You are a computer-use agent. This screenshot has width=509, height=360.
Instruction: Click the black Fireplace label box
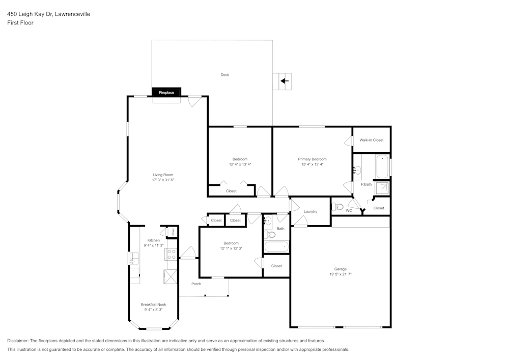(166, 93)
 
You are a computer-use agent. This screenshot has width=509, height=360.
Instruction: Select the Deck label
(224, 75)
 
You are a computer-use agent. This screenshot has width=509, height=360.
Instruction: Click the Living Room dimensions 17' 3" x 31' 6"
(163, 180)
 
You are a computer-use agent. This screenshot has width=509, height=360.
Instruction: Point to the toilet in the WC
(338, 207)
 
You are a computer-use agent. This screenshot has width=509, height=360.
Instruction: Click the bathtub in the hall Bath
(276, 247)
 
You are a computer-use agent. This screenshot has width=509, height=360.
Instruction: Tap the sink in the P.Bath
(358, 170)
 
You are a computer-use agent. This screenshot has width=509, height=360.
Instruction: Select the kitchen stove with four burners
(171, 254)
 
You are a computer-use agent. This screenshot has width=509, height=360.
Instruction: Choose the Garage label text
(341, 269)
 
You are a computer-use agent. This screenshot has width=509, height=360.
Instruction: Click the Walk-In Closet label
(371, 140)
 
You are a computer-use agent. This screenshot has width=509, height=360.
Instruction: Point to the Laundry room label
(310, 211)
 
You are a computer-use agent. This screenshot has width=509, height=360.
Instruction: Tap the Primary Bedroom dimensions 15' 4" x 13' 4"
(312, 164)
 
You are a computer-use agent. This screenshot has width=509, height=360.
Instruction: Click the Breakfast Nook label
(153, 304)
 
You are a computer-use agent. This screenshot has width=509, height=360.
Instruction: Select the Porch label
(196, 284)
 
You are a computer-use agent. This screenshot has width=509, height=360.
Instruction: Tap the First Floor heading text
(20, 23)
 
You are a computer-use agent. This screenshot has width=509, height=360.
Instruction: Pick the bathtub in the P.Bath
(382, 167)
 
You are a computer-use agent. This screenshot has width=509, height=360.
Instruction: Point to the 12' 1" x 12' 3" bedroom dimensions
(231, 248)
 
